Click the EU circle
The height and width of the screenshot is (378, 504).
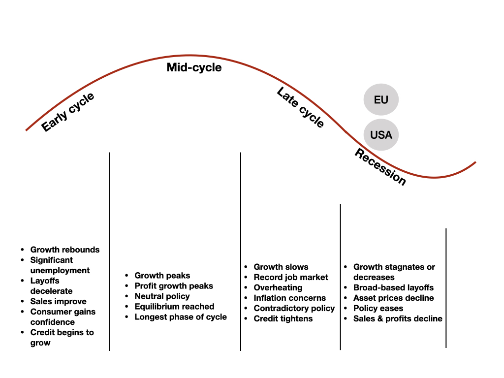[x=381, y=100]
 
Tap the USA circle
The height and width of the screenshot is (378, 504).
[x=381, y=134]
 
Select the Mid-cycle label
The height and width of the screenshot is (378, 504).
[x=194, y=67]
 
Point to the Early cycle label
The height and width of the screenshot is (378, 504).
[x=68, y=112]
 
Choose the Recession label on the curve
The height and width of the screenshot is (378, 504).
[x=380, y=167]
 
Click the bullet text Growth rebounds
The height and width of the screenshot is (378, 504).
[x=65, y=250]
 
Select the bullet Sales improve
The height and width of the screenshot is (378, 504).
[x=58, y=301]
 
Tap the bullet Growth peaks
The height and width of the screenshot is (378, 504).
[x=162, y=276]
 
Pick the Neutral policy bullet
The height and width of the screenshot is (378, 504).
[x=162, y=296]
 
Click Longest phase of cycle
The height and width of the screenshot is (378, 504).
[x=181, y=317]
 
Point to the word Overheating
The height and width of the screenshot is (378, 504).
[x=278, y=287]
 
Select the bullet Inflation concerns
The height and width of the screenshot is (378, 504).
[x=289, y=298]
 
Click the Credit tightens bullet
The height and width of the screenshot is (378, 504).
[x=283, y=318]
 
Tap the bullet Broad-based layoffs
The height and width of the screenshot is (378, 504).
[x=393, y=287]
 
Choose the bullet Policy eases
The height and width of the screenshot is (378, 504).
[x=378, y=308]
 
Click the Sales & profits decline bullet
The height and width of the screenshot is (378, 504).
[x=398, y=318]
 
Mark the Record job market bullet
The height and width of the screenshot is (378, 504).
[x=291, y=277]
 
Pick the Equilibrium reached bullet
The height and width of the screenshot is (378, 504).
[x=174, y=307]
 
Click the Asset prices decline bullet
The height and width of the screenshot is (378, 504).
[x=393, y=298]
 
